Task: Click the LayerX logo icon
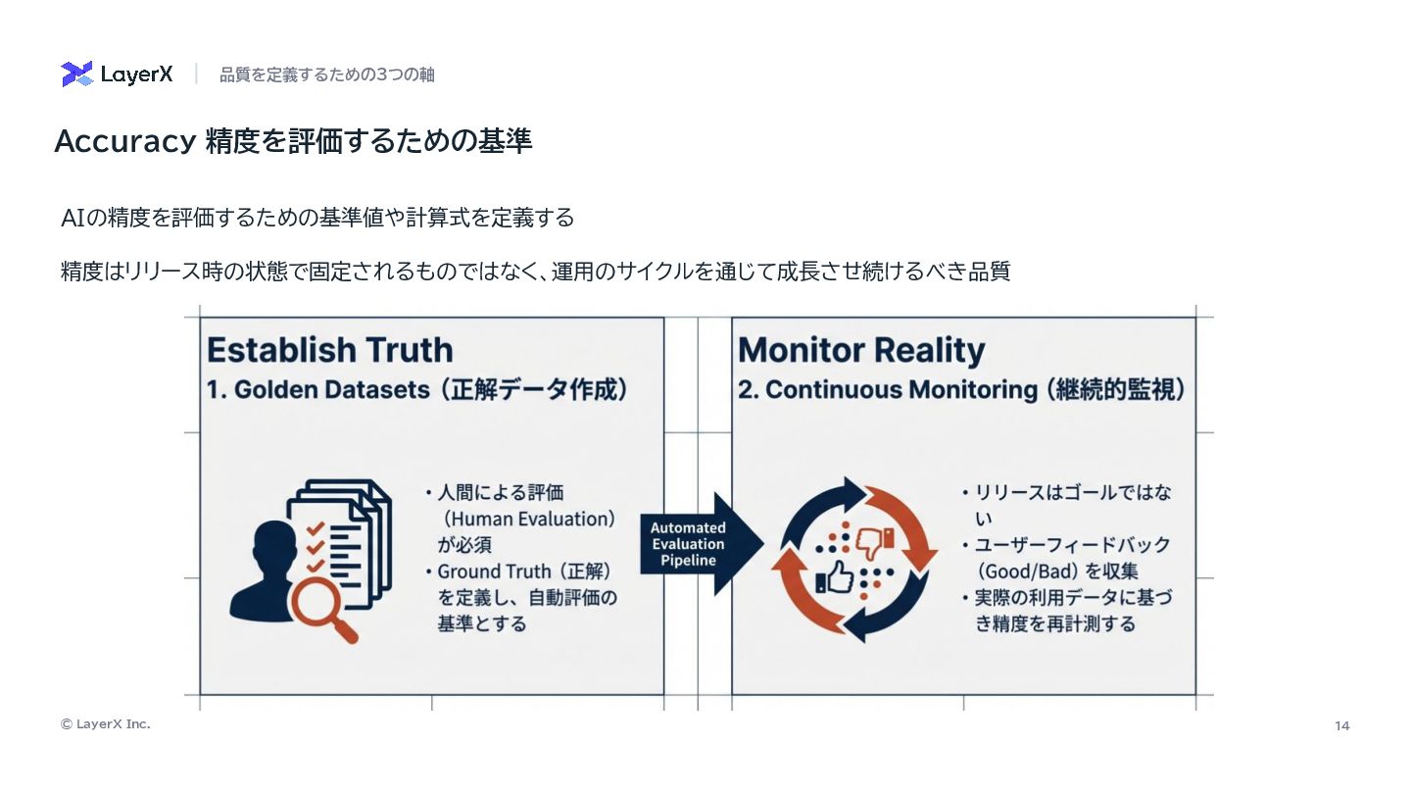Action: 77,74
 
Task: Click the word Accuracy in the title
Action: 124,142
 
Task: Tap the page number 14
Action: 1341,725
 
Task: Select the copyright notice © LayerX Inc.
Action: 106,724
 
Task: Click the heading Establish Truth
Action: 329,350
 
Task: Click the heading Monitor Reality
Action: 860,350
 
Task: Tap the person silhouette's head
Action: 272,541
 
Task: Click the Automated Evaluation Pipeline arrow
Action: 700,544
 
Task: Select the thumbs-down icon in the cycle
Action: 874,540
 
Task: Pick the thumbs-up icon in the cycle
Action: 835,578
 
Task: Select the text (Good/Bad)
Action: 1028,571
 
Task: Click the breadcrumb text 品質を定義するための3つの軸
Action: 326,74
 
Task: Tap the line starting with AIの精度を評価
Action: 317,218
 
